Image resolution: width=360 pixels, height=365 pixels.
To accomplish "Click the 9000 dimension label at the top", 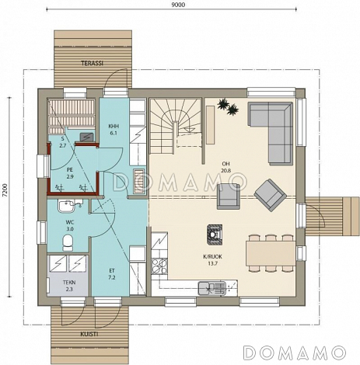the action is point(178,5).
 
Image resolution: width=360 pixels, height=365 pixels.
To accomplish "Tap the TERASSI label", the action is point(93,63).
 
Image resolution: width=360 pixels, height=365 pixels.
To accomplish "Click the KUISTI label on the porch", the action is point(89,334).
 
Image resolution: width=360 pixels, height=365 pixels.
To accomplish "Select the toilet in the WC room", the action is point(68,243).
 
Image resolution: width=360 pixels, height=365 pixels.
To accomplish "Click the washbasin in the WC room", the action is point(67,206).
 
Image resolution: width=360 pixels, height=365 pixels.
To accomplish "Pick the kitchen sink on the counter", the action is point(212,288).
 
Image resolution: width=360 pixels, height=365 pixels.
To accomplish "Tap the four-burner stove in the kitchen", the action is point(159,266).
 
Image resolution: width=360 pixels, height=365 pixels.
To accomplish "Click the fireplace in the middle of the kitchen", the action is point(215,235).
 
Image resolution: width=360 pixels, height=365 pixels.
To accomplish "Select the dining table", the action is point(271,253).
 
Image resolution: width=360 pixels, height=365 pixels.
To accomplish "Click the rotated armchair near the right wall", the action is point(270,195).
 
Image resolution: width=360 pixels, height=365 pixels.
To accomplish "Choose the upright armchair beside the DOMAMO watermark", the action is point(229,196).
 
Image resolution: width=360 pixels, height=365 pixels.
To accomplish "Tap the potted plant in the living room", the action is point(228,106).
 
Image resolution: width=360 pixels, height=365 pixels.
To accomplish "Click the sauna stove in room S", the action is point(87,137).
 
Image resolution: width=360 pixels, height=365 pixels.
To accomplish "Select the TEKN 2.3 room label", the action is point(69,286).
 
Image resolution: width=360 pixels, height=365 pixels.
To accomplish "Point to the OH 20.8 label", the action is point(225,167).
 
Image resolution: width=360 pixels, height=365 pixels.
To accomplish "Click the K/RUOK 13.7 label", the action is point(213,260).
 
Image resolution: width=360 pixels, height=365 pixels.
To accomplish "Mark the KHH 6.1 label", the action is point(114,130).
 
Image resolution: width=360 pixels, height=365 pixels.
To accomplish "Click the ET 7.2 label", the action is point(112,274).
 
